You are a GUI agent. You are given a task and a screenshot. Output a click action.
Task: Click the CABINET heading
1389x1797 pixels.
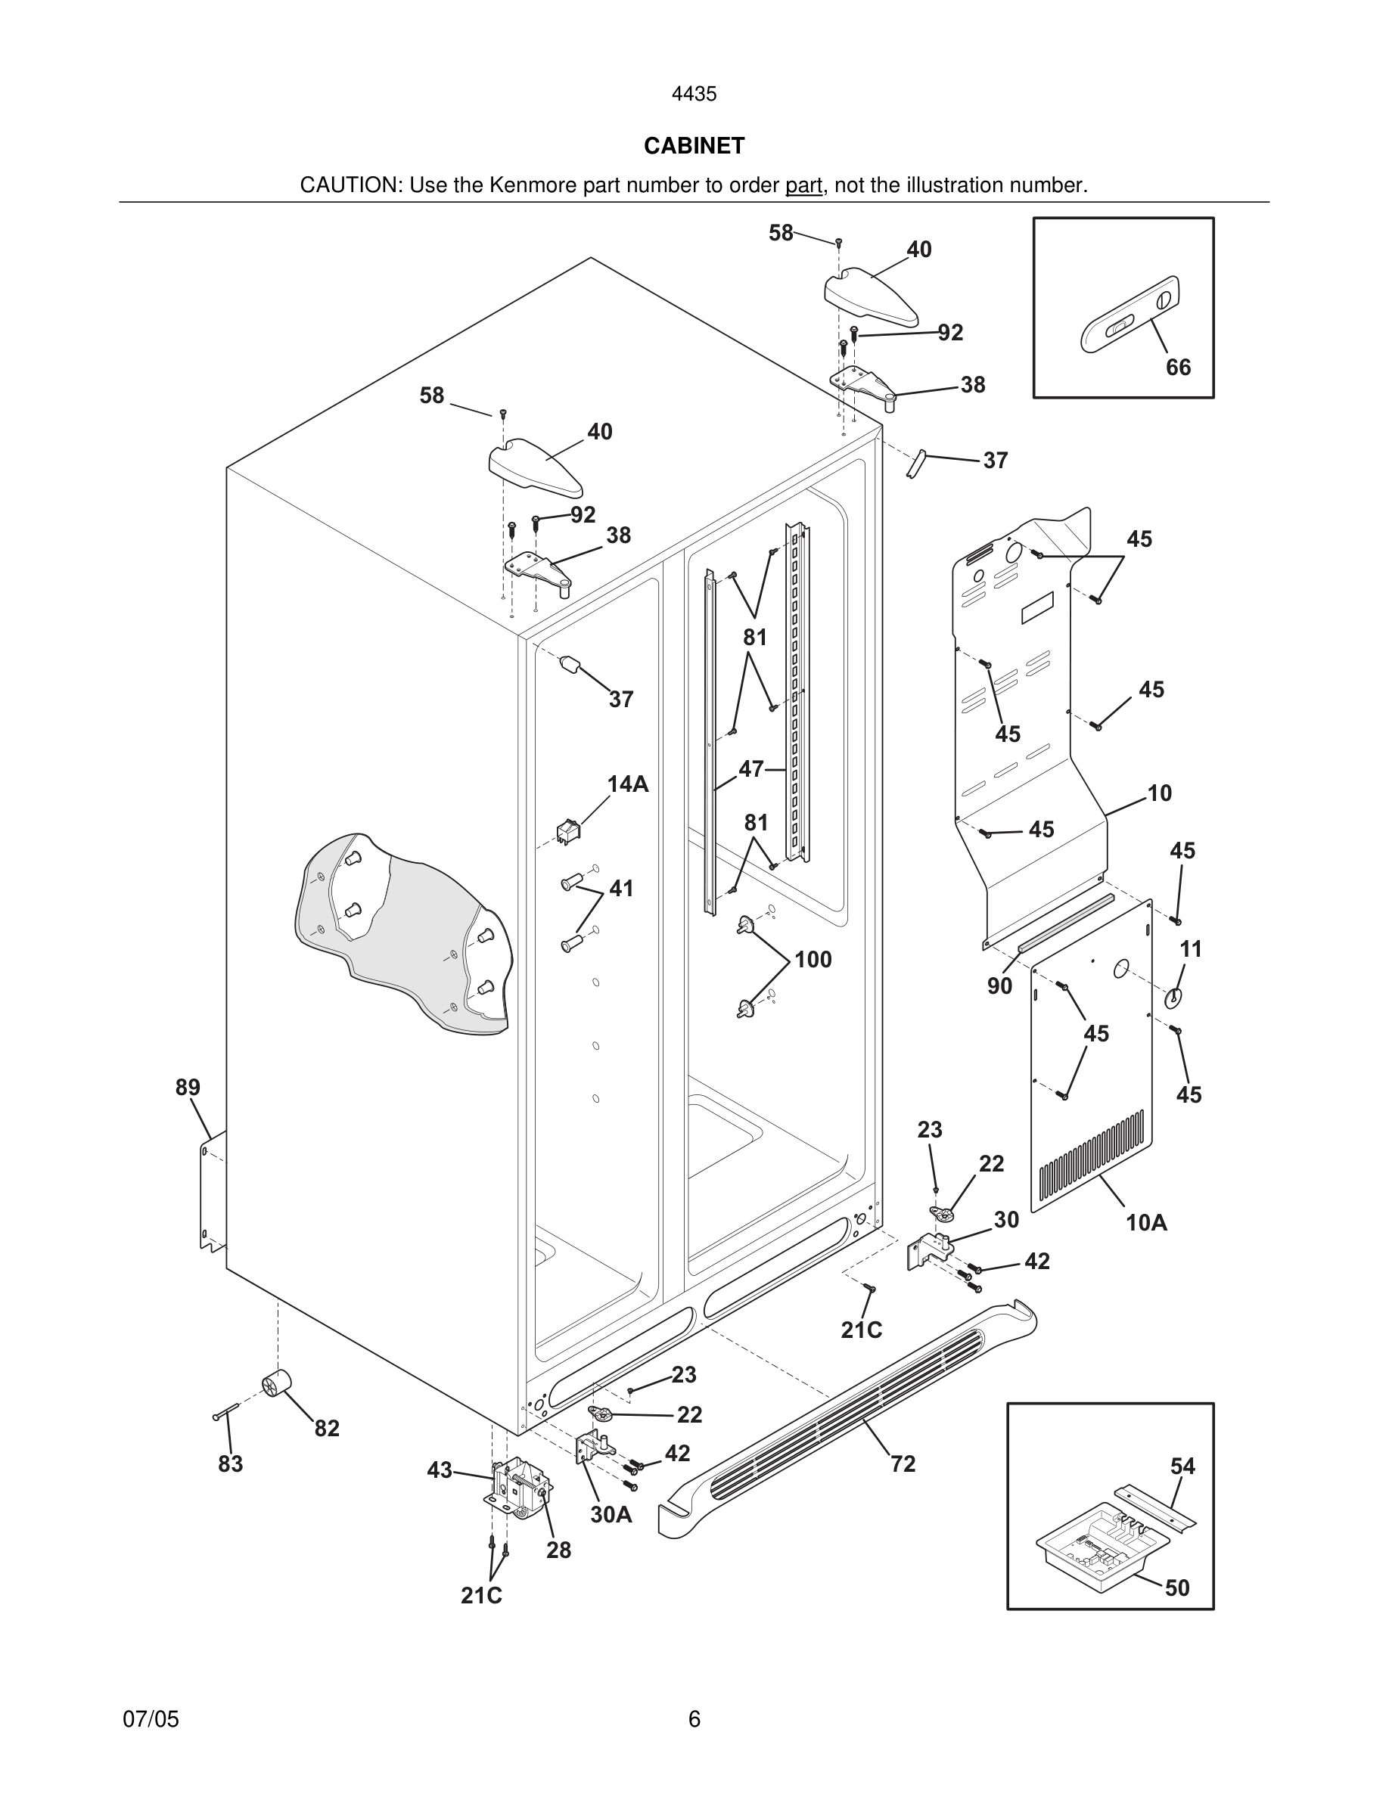(694, 146)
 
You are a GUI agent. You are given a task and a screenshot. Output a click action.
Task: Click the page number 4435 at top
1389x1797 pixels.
(694, 95)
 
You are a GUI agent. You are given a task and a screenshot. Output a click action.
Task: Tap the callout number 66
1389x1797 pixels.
(1177, 367)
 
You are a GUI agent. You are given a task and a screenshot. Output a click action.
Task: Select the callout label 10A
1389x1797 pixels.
(1146, 1223)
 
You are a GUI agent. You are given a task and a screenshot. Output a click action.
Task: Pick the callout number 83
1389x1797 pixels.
(231, 1463)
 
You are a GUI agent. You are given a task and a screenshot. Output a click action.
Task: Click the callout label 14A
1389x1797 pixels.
(628, 784)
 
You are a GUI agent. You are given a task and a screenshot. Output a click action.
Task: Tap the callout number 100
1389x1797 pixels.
(813, 960)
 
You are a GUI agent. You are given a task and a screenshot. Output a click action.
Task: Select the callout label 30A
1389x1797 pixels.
(611, 1515)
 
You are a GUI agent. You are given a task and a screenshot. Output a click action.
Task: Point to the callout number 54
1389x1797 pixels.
(1182, 1466)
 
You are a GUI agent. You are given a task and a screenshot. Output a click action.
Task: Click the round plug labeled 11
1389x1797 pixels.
(1173, 998)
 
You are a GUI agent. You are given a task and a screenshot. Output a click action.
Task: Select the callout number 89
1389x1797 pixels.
(188, 1088)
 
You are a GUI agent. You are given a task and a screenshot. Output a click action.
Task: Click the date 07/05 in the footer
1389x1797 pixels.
(151, 1719)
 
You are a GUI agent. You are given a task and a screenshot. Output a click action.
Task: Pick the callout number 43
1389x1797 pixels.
(440, 1470)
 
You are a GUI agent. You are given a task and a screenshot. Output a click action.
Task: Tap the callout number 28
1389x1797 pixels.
(559, 1550)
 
